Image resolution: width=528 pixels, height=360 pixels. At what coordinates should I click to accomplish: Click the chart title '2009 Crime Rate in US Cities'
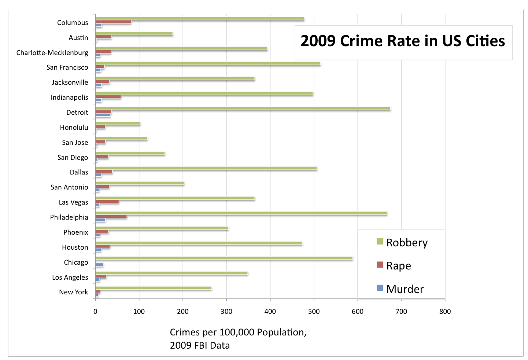(403, 41)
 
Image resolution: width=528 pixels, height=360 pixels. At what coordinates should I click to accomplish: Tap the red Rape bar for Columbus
(113, 22)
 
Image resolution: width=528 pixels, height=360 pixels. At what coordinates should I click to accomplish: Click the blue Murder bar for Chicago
(99, 265)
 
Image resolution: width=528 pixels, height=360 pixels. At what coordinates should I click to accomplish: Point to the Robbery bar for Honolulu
(118, 123)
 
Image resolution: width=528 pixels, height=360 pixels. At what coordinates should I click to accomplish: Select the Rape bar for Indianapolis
(108, 97)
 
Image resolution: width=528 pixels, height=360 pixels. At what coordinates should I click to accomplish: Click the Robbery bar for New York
(154, 288)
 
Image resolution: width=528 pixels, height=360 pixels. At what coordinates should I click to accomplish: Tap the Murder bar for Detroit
(103, 115)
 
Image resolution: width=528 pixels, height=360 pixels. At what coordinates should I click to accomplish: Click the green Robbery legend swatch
(380, 241)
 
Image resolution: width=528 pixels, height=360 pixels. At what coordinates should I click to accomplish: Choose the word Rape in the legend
(398, 266)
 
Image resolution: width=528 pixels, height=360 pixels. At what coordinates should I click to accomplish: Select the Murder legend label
(405, 289)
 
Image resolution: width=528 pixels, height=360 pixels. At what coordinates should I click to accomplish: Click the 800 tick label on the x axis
(445, 312)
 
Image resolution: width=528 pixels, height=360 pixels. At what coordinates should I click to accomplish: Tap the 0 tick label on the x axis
(95, 312)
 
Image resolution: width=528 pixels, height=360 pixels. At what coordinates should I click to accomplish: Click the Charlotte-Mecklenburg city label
(52, 53)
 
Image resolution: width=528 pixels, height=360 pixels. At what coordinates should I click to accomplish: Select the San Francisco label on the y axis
(67, 67)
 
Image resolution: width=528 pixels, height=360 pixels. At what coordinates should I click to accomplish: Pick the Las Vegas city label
(73, 202)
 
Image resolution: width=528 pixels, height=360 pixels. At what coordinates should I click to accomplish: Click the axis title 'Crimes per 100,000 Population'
(238, 333)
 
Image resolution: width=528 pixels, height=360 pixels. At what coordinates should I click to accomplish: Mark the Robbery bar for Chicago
(224, 258)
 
